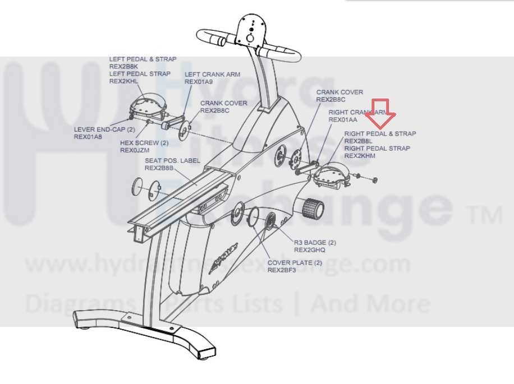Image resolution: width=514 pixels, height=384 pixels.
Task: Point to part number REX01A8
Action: coord(88,136)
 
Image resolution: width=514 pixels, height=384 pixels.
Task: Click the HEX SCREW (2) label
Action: coord(144,143)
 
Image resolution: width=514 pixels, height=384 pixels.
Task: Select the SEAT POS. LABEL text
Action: coord(172,160)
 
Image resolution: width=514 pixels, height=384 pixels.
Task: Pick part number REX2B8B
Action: coord(159,168)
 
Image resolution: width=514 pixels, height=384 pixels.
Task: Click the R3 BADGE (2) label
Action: coord(315,243)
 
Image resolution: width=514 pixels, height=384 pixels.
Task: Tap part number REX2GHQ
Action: coord(310,250)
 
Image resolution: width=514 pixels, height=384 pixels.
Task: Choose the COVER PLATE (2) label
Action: coord(295,262)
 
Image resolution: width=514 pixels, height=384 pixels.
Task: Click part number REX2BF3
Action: coord(282,270)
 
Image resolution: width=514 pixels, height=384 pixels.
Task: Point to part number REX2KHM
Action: coord(360,156)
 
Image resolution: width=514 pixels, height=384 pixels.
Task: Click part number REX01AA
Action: coord(343,120)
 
